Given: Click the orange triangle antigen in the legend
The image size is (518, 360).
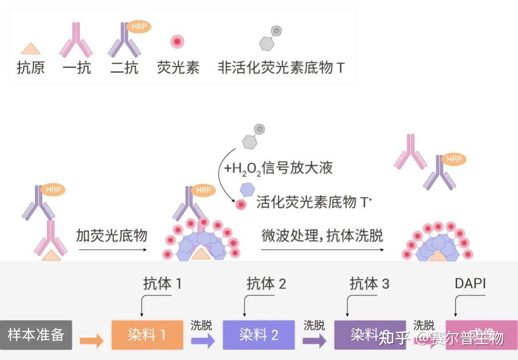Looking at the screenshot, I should click(31, 48).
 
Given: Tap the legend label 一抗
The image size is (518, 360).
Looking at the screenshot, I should click(77, 68).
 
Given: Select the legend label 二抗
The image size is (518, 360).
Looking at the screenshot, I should click(124, 68).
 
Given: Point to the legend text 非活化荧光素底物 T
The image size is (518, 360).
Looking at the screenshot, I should click(281, 68).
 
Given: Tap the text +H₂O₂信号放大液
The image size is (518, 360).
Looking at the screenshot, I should click(278, 168).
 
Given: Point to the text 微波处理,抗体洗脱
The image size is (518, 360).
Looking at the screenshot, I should click(322, 235).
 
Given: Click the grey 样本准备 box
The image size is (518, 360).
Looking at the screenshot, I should click(36, 335).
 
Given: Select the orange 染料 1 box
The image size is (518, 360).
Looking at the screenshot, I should click(147, 335).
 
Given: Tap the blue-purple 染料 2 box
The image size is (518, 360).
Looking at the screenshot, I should click(259, 335).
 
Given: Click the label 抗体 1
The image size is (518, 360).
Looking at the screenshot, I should click(163, 284).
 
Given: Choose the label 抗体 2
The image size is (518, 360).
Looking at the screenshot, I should click(266, 284).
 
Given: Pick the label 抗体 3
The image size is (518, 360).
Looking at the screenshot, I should click(369, 284).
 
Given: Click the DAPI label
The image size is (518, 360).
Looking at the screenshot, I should click(470, 283).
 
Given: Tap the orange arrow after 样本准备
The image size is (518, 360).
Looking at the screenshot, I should click(92, 341).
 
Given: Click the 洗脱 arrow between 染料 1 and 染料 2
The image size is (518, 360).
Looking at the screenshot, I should click(203, 341).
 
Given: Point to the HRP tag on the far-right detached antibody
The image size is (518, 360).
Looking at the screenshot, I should click(454, 159).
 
